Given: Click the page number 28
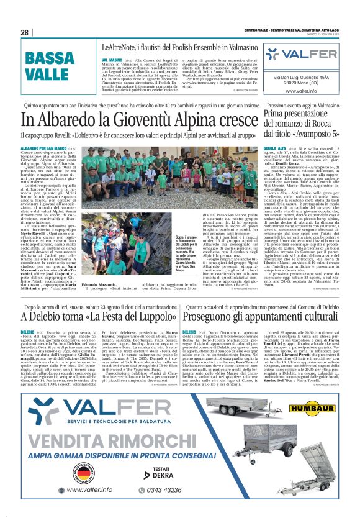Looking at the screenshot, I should pyautogui.click(x=24, y=32).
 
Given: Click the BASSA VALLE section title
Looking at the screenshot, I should pyautogui.click(x=50, y=66).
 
